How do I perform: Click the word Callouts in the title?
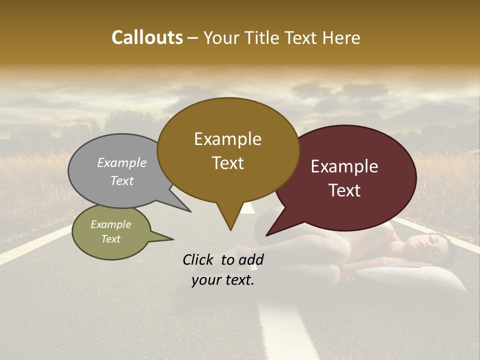coord(147,37)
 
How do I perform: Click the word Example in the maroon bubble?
coord(344,166)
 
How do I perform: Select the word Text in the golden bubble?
coord(227,163)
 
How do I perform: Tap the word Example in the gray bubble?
coord(122,162)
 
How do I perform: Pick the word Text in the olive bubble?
coord(111,239)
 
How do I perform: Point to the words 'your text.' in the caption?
coord(223,280)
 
